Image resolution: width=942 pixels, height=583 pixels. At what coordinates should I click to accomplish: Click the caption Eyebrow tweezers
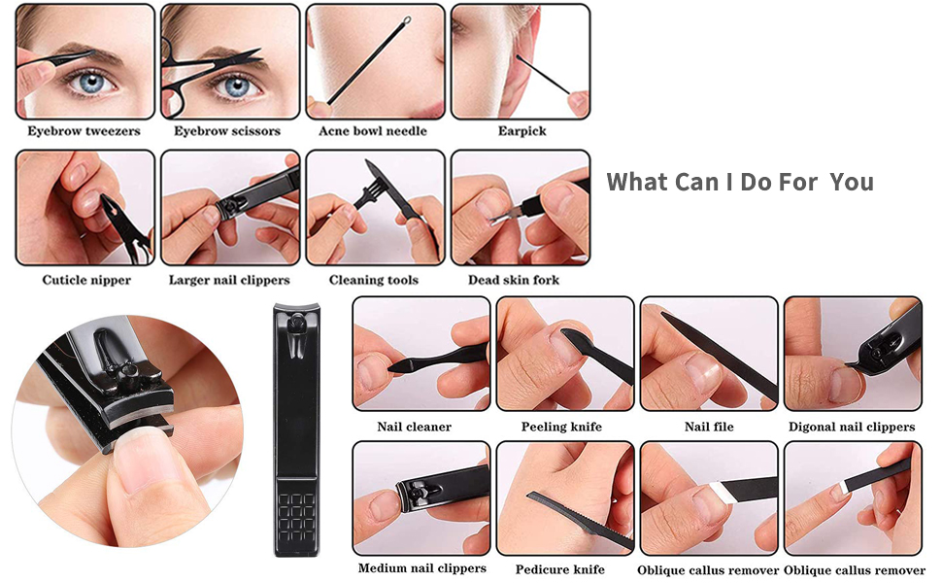point(84,131)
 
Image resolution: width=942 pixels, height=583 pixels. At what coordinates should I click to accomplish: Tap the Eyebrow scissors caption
point(227,131)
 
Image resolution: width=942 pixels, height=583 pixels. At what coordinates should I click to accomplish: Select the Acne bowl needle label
point(373,131)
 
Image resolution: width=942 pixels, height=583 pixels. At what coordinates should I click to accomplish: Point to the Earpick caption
point(521,131)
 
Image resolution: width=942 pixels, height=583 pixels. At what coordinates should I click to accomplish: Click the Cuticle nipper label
point(86,280)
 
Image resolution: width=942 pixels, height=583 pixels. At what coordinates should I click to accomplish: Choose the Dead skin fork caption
point(514,280)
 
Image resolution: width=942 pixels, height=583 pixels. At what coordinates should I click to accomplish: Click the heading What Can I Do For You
point(740,182)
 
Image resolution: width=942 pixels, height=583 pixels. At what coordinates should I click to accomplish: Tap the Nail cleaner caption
point(414,427)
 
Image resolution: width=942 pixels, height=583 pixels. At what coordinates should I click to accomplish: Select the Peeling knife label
point(561,427)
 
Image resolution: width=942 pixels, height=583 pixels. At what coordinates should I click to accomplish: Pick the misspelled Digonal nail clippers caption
point(852,427)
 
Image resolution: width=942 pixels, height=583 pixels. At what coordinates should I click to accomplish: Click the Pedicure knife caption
point(560,569)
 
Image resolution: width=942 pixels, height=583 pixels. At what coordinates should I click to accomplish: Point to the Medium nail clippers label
point(421,568)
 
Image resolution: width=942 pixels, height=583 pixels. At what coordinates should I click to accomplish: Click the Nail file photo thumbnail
point(709,353)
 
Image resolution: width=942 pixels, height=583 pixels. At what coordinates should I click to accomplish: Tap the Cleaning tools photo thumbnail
point(375,207)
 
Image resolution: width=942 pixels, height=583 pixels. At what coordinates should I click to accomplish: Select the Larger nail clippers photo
point(230,207)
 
